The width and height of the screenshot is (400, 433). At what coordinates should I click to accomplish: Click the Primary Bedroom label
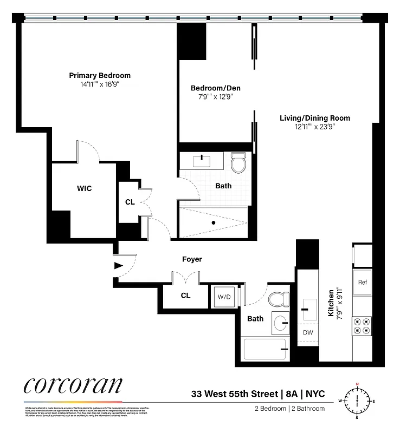99,75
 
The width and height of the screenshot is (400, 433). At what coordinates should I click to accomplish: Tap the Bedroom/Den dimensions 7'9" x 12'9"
215,97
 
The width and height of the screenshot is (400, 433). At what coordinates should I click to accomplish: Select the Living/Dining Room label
314,118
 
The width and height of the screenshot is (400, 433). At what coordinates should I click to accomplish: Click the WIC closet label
83,188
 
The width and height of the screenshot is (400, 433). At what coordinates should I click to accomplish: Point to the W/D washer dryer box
224,297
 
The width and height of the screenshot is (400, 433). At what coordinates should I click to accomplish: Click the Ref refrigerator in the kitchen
363,282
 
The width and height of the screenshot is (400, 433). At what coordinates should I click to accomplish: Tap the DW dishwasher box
308,332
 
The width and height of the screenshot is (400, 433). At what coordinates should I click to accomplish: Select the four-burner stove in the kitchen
362,325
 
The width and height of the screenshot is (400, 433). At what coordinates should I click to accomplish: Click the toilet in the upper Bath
238,162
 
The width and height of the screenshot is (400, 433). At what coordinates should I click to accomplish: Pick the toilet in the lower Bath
280,299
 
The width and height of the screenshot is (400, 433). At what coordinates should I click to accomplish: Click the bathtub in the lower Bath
265,349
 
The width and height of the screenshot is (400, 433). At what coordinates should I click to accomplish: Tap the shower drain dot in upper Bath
214,222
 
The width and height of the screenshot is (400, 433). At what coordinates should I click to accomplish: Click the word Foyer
192,259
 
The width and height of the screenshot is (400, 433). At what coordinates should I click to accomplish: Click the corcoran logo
73,386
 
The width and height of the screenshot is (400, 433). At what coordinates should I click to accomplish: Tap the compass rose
357,401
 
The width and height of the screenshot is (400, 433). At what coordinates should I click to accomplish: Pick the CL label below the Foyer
185,296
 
